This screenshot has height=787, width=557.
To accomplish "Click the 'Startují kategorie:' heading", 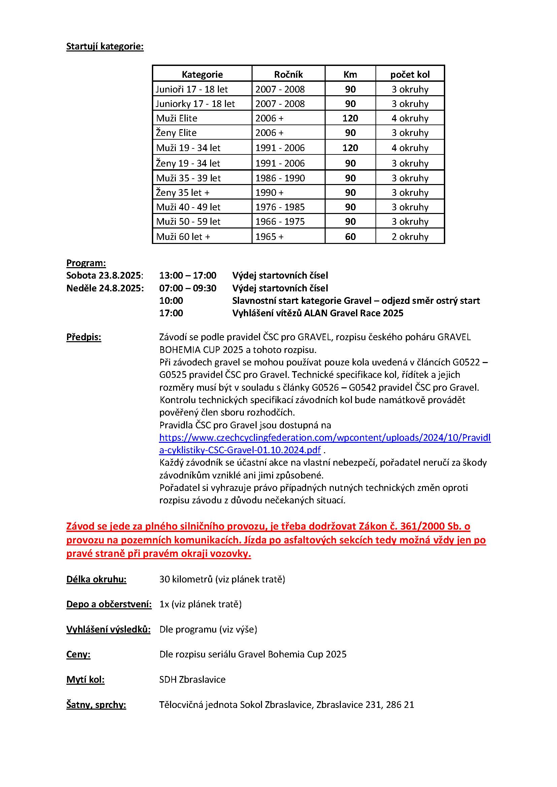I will pos(105,46).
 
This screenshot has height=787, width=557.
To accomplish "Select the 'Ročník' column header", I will pos(288,74).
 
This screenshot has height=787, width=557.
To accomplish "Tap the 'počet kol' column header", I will pos(410,74).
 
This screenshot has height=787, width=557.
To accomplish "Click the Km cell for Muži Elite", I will pos(350,118).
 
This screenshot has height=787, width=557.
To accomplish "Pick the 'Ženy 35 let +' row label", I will pos(183,193).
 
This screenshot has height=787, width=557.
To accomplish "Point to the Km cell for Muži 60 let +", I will pos(350,237).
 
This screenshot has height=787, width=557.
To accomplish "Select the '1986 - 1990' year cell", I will pos(280,178).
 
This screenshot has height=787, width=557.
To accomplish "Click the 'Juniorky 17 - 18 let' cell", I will pos(195,104).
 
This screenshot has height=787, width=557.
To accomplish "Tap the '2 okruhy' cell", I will pos(410,237).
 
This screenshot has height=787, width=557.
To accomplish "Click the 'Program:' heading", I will pos(86,263).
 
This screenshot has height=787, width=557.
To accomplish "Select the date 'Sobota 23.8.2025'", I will pos(104,275).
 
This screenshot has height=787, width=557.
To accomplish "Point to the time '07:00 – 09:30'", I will pos(188,288).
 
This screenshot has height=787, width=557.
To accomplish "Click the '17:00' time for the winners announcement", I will pos(171,313).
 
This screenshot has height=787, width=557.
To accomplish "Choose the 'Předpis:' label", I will pos(84,337).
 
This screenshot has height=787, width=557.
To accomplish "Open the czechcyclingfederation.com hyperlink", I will pos(324,438).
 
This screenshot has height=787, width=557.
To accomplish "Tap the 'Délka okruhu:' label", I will pos(96,579).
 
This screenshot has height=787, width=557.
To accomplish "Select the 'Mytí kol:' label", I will pos(86,679).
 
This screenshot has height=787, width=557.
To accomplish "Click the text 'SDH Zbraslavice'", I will pos(192,679).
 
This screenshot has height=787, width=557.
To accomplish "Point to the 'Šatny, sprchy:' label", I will pos(96,705).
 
